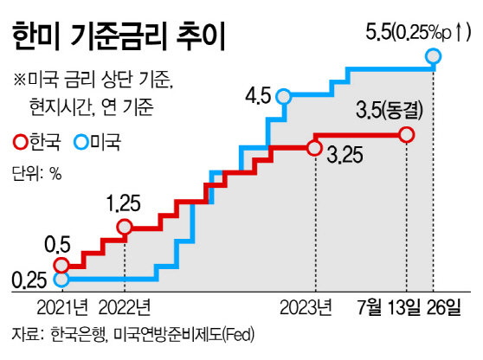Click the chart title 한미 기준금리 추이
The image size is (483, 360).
point(119,35)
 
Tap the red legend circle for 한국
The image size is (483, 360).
point(22,142)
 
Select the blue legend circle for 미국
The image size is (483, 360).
point(81,142)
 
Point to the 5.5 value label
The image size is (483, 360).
point(378,32)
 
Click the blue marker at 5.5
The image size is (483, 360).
point(433,56)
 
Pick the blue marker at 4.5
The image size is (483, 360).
point(283,96)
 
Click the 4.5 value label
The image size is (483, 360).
point(258,96)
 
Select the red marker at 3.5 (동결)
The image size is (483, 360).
point(406,135)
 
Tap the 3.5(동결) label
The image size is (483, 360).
point(390,111)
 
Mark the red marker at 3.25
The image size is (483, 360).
point(314,149)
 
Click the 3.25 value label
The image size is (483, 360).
point(345,155)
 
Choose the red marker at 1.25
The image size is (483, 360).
point(125,228)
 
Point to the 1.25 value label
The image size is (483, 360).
point(123,203)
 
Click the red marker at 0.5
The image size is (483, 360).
point(61,265)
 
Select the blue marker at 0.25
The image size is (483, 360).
point(61,279)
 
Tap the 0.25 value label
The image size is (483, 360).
point(29,280)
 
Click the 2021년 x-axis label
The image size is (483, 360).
point(62,307)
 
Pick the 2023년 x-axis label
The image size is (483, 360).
point(306,307)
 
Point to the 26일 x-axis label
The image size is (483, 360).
point(444,307)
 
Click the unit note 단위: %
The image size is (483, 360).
point(36,173)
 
